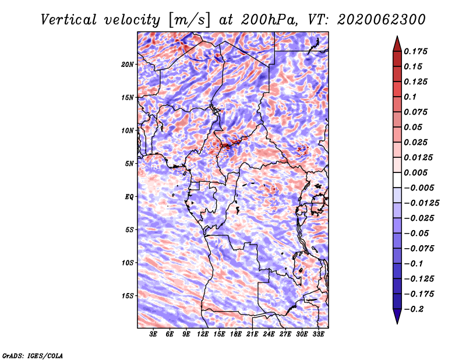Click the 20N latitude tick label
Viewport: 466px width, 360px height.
click(127, 65)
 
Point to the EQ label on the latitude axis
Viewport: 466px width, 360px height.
click(129, 197)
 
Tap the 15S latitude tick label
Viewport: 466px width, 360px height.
click(128, 296)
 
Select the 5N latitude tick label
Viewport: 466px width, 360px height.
click(129, 164)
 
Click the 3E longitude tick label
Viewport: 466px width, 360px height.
click(153, 334)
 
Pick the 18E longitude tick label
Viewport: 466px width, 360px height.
click(236, 334)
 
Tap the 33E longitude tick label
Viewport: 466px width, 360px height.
click(318, 334)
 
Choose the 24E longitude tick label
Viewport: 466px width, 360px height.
click(269, 334)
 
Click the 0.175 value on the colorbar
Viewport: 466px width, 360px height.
click(415, 51)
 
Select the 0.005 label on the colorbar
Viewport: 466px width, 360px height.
click(415, 172)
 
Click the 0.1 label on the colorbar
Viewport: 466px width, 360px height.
click(410, 97)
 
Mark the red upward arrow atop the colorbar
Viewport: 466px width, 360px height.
click(397, 44)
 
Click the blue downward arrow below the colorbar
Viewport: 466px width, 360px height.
click(397, 316)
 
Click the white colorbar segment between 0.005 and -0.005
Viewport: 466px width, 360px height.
click(397, 180)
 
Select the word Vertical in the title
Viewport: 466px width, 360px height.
click(69, 20)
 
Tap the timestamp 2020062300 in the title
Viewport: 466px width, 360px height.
click(382, 20)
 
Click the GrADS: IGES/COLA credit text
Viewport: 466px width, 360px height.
click(33, 356)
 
